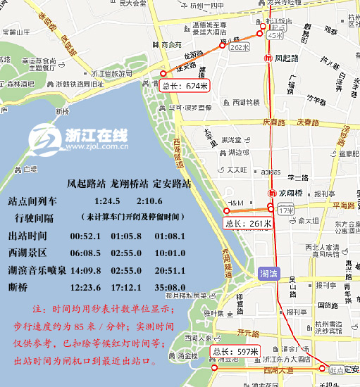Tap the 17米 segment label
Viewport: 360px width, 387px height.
pyautogui.click(x=286, y=210)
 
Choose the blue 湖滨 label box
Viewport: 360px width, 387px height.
pyautogui.click(x=268, y=273)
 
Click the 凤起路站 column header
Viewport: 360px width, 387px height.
pyautogui.click(x=87, y=184)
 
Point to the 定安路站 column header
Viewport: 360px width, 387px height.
pyautogui.click(x=172, y=184)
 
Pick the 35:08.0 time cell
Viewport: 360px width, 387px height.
pyautogui.click(x=170, y=286)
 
